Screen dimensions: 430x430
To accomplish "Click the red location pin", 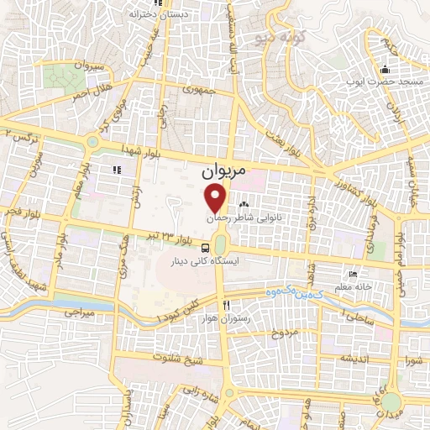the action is (218, 199).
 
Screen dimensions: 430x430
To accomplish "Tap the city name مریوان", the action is (225, 170).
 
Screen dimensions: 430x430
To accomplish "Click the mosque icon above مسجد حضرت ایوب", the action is (385, 70).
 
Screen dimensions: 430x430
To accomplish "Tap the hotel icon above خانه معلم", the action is (354, 275).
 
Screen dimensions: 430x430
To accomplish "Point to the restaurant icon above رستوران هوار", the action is (224, 305).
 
